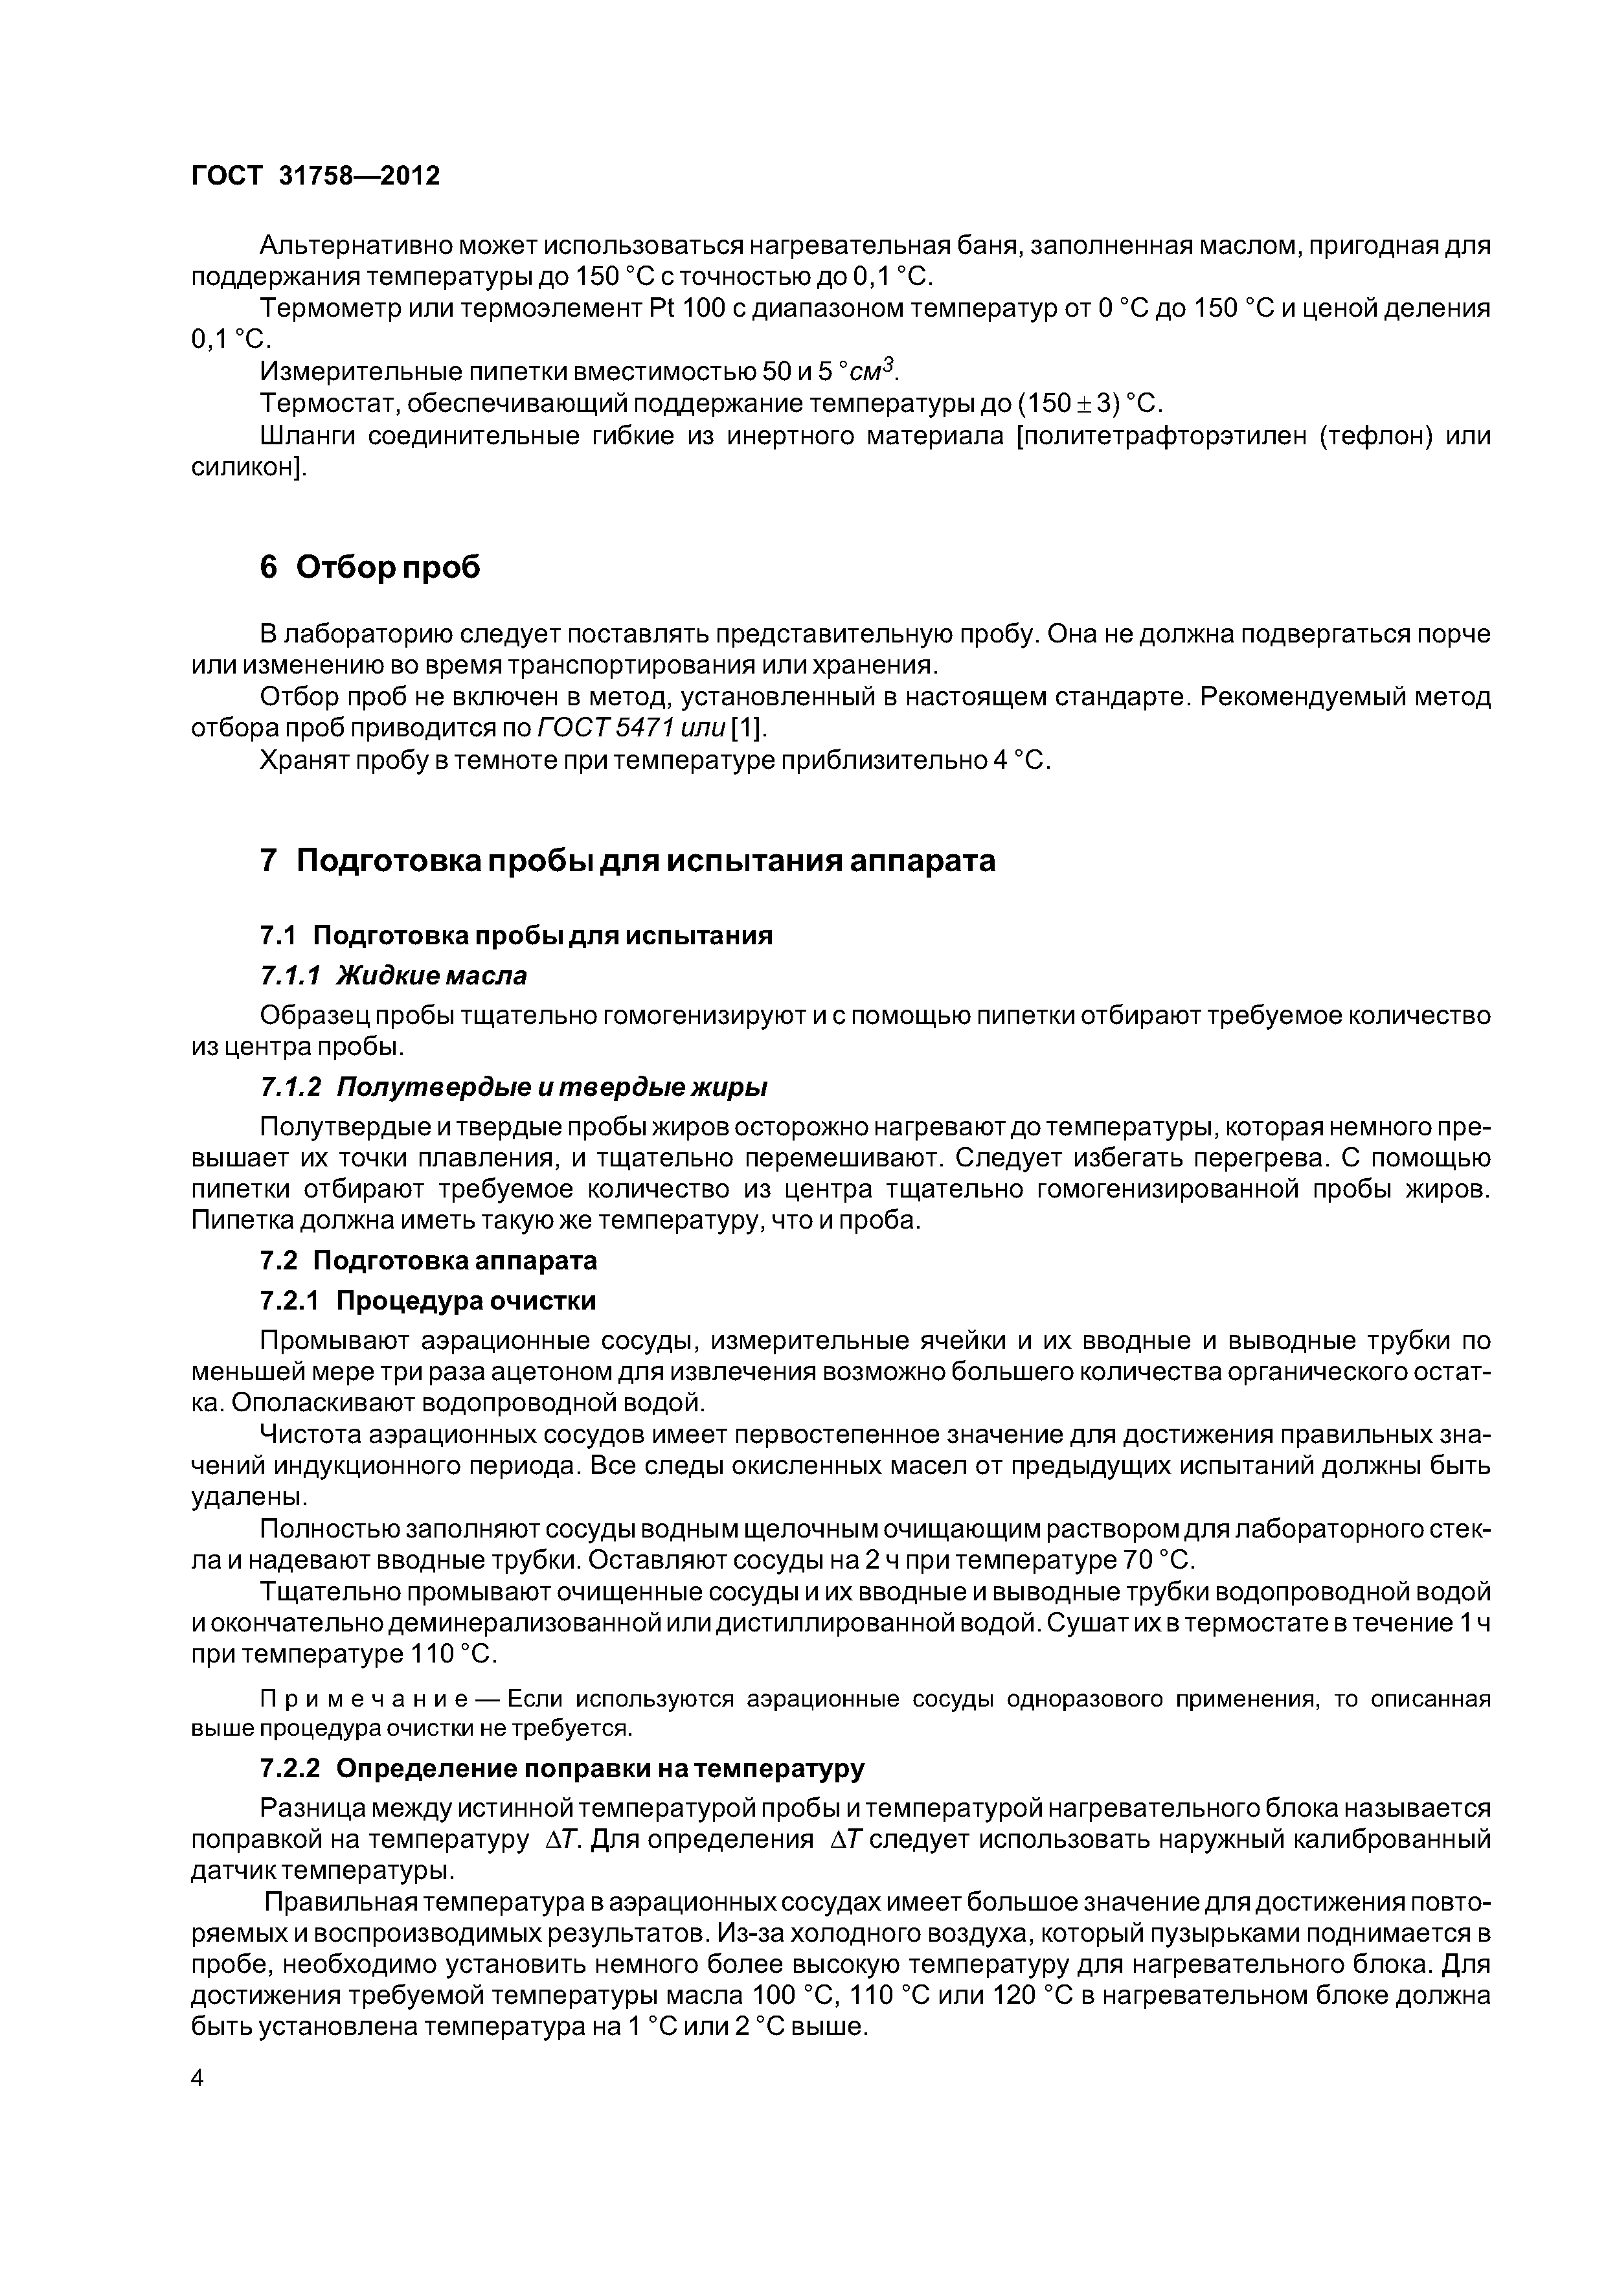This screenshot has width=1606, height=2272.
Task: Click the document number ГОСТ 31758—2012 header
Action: pyautogui.click(x=315, y=176)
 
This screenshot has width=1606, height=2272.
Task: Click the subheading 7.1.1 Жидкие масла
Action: pyautogui.click(x=393, y=975)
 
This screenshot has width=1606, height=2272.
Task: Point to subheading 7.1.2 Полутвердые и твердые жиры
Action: pyautogui.click(x=514, y=1087)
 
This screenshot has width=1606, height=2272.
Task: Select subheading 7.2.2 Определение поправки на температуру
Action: pyautogui.click(x=562, y=1767)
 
